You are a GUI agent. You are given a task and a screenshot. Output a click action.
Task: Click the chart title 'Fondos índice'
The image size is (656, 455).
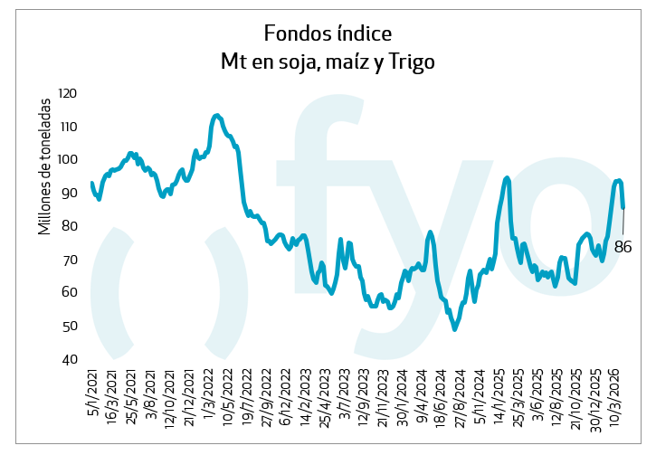328,33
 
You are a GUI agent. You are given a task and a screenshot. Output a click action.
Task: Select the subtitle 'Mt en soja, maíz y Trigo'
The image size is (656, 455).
328,62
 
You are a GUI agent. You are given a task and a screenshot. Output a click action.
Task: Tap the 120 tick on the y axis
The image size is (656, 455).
66,93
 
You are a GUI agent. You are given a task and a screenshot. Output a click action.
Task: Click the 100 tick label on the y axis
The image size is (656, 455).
66,160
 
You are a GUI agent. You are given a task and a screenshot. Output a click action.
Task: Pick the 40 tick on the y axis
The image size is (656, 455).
70,360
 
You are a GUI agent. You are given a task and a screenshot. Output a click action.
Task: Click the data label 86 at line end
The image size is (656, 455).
623,246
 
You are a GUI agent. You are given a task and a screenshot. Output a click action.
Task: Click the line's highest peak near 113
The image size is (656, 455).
215,115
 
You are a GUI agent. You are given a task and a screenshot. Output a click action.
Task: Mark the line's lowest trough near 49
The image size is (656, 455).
455,329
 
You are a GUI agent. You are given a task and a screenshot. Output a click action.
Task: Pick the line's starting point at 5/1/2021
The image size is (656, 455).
92,184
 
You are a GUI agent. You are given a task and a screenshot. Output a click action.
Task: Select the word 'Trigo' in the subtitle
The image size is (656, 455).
413,62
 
